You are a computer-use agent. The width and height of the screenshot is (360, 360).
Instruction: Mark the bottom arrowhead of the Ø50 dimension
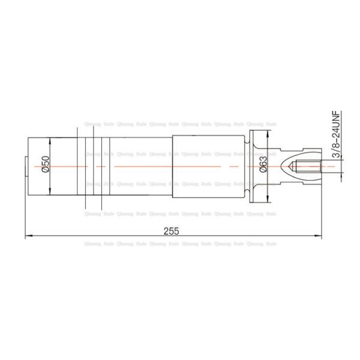point(50,195)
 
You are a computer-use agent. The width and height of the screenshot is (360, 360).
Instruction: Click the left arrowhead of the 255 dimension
point(28,237)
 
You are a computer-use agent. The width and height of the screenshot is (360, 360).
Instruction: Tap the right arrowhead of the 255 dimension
point(321,237)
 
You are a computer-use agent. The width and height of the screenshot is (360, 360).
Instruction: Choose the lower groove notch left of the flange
point(247,192)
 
